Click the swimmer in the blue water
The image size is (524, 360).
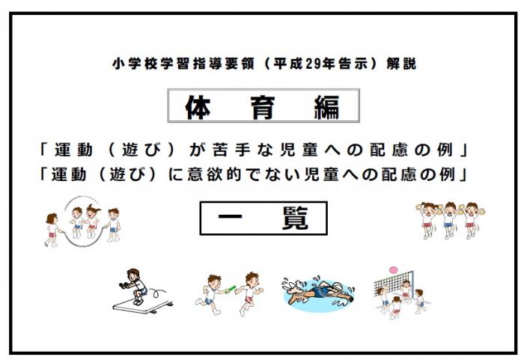[314, 293]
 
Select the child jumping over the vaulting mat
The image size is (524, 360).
[135, 284]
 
